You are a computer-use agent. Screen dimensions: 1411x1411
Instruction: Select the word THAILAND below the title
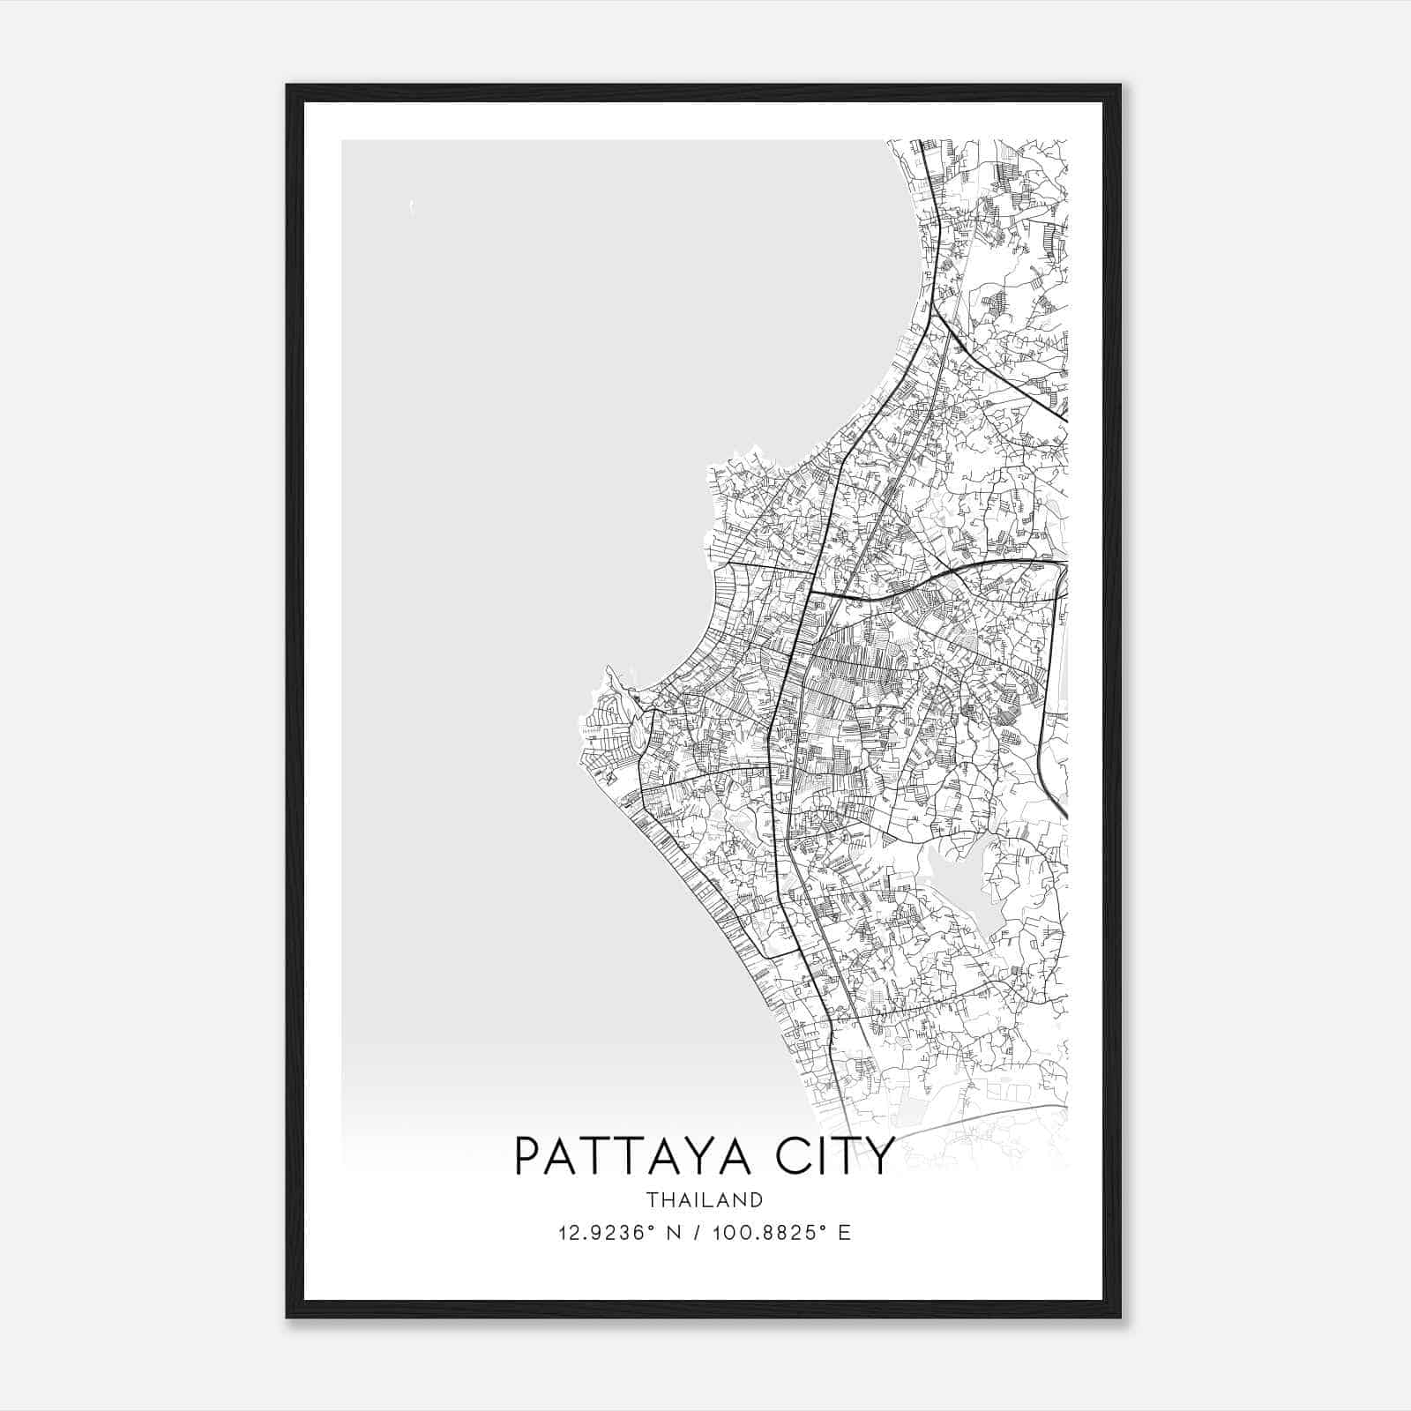click(705, 1199)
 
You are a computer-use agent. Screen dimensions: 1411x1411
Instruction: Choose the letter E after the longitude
click(845, 1233)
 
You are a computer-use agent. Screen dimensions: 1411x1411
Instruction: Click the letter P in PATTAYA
click(526, 1156)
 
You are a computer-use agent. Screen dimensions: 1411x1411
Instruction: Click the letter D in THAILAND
click(757, 1199)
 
